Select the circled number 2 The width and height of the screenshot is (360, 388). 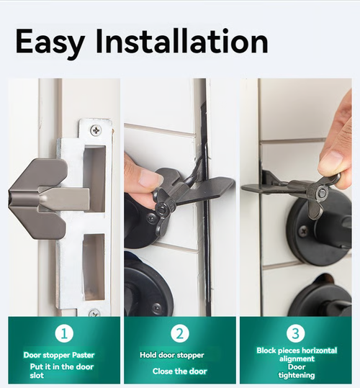tap(181, 333)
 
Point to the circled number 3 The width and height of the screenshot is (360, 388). tap(297, 333)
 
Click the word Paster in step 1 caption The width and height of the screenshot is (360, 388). tap(81, 355)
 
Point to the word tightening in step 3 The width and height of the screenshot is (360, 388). tap(296, 376)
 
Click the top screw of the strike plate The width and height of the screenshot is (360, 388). tap(95, 130)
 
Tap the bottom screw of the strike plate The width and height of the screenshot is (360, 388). tap(94, 313)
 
